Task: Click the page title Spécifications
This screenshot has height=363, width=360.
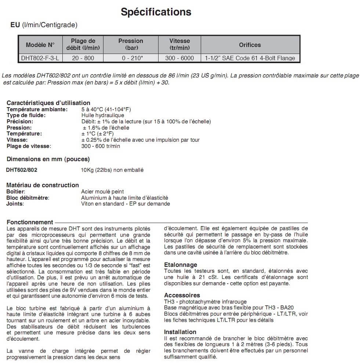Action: coord(156,12)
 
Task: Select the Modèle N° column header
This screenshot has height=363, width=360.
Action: coord(40,45)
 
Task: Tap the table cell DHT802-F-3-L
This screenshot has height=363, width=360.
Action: coord(40,58)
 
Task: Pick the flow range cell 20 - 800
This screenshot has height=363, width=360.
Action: coord(83,58)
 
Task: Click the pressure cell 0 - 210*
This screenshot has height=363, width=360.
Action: coord(131,58)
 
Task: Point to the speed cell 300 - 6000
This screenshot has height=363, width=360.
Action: coord(179,58)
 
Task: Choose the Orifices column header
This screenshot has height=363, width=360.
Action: coord(250,45)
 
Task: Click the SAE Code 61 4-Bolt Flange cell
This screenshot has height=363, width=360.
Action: coord(250,58)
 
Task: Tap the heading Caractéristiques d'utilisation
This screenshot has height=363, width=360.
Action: coord(48,103)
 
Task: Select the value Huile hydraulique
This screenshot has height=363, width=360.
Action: coord(102,116)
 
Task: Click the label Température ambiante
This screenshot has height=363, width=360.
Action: coord(37,109)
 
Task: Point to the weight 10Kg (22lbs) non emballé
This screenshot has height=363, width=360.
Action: coord(112,170)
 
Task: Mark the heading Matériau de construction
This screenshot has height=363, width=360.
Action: coord(43,185)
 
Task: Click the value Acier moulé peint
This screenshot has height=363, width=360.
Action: coord(102,192)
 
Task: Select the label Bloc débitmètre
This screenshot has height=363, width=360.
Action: coord(28,198)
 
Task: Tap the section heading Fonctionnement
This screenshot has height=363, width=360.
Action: coord(30,222)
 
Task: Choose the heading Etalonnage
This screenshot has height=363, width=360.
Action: coord(181,265)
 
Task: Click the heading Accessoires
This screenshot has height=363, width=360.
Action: coord(182,295)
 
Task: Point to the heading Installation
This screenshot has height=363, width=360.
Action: coord(180,332)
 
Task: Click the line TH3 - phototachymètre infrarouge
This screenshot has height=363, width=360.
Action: coord(205,302)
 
